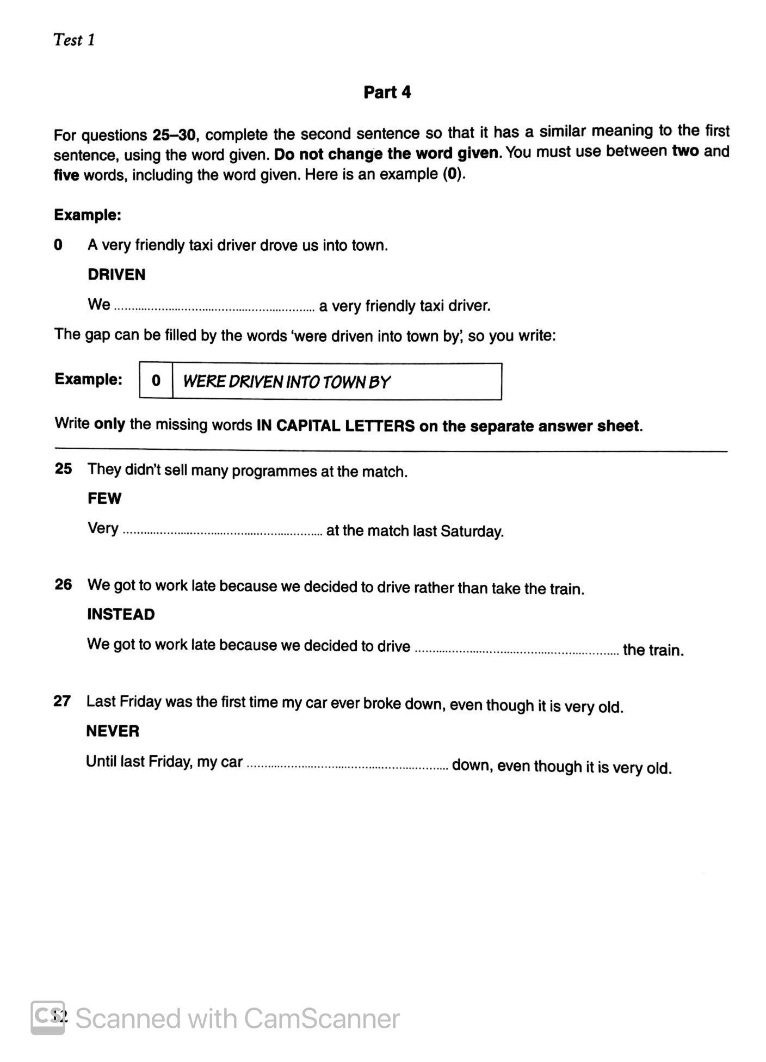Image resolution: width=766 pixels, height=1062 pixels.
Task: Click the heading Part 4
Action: [x=387, y=92]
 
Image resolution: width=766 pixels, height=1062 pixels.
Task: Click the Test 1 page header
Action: [x=74, y=40]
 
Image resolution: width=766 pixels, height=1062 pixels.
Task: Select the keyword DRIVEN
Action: [x=116, y=275]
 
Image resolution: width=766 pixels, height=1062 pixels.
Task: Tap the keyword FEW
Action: [x=104, y=498]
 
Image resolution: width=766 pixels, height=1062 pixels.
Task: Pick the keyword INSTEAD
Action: [x=121, y=614]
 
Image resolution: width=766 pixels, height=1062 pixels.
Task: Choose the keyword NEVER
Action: [x=113, y=731]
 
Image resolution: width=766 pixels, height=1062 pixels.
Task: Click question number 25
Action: [x=63, y=468]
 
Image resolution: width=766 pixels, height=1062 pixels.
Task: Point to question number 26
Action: [x=63, y=585]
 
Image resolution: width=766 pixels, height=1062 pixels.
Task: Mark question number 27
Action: [x=62, y=701]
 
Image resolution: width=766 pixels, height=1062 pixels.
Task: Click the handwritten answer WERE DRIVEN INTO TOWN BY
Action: [x=286, y=382]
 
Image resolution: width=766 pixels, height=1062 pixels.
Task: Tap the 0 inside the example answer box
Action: [x=156, y=381]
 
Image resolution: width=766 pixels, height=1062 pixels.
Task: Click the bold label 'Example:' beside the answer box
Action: [x=89, y=379]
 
